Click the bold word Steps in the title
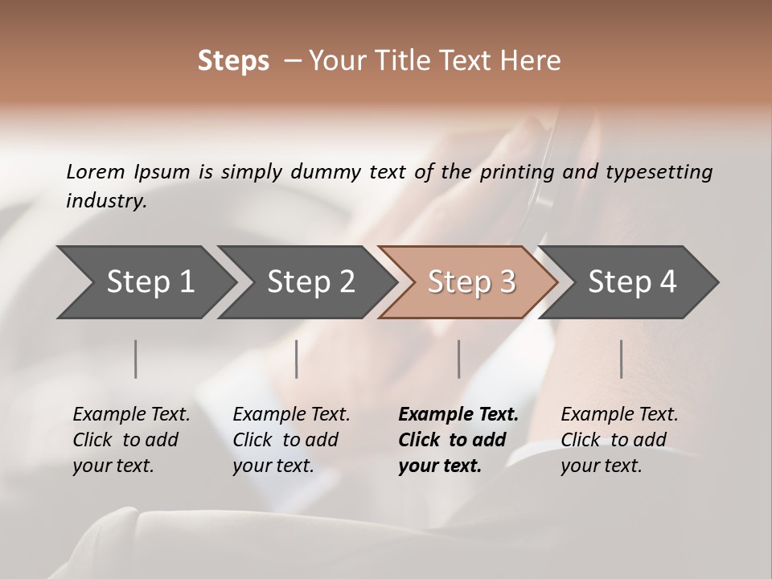[233, 61]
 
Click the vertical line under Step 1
[136, 359]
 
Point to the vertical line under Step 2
[297, 359]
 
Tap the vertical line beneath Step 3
[458, 359]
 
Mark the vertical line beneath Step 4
[621, 359]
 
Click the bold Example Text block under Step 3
[458, 440]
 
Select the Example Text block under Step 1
[131, 440]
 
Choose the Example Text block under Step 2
[291, 440]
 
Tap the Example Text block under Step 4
[619, 440]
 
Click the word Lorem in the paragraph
[96, 171]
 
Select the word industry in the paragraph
[105, 201]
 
